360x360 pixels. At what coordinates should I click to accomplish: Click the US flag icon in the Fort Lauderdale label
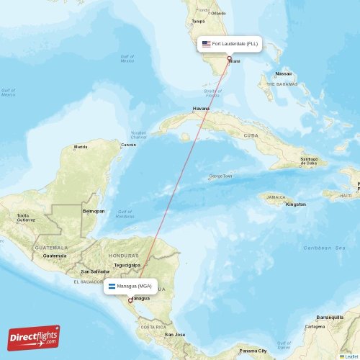(206, 44)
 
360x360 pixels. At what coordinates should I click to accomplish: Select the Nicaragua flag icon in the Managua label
(112, 286)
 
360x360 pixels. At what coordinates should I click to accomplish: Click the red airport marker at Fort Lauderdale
(229, 59)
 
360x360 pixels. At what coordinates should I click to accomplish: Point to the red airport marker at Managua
(130, 302)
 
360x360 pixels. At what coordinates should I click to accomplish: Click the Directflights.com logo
(34, 338)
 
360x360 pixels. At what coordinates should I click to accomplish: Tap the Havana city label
(201, 108)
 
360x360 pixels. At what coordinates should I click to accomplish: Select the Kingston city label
(295, 204)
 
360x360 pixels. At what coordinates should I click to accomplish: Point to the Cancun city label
(128, 145)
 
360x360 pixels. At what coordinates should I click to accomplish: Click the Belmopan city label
(94, 211)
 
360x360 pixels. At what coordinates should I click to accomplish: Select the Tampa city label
(199, 21)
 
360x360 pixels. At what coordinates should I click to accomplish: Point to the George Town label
(220, 176)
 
